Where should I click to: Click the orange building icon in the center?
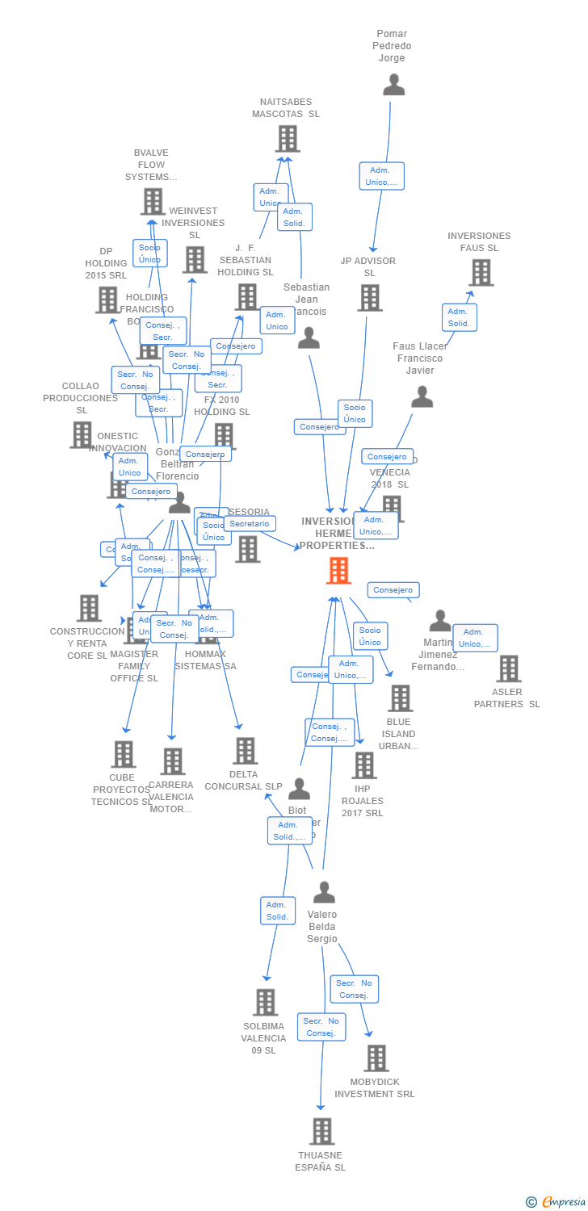(338, 570)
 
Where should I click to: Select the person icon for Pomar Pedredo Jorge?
(393, 85)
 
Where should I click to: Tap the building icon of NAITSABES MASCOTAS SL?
(287, 139)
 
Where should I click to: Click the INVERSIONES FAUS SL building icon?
(481, 273)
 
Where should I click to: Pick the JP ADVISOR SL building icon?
(369, 298)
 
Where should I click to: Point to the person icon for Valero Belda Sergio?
(324, 892)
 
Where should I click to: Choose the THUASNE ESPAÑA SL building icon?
(321, 1131)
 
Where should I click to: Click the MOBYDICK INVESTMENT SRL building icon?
(376, 1058)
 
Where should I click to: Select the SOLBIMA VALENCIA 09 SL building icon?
(265, 1002)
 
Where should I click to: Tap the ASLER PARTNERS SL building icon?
(508, 668)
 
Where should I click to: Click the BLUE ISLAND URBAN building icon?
(399, 698)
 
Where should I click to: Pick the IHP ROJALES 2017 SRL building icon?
(364, 765)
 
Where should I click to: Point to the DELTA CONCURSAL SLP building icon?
(246, 751)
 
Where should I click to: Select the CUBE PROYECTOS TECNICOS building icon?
(123, 754)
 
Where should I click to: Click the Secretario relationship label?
(250, 524)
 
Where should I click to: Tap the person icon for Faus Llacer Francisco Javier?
(422, 397)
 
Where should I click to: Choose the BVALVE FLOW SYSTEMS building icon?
(153, 202)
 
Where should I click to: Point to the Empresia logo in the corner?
(557, 1202)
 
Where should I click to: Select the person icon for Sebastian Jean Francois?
(309, 338)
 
